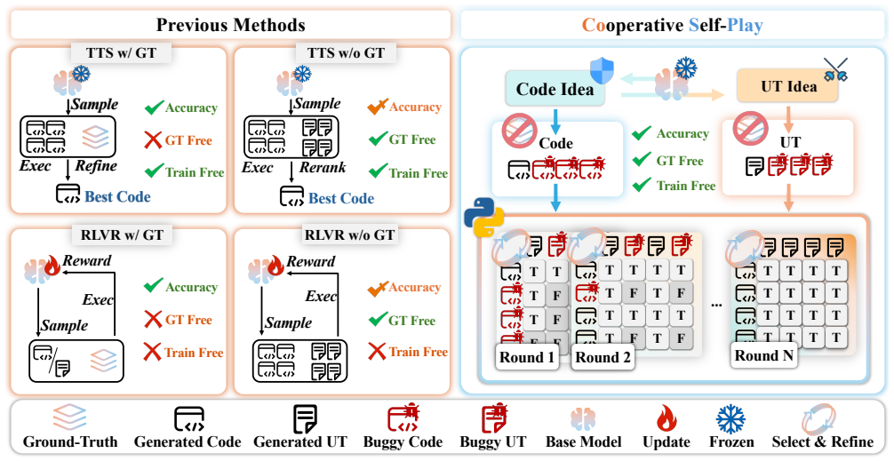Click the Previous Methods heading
(230, 25)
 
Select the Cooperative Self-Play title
(672, 25)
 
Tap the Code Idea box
(555, 89)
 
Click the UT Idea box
(788, 86)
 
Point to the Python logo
(484, 219)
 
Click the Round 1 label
(527, 357)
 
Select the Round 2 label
(603, 357)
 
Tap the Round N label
(764, 355)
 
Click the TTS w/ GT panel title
(122, 53)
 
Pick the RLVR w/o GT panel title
(349, 234)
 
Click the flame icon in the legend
(666, 420)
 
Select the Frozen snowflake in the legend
(731, 419)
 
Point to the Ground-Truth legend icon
(69, 419)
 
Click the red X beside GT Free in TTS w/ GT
(154, 139)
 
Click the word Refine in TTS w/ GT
(96, 166)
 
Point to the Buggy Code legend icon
(403, 420)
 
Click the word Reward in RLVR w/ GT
(87, 260)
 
